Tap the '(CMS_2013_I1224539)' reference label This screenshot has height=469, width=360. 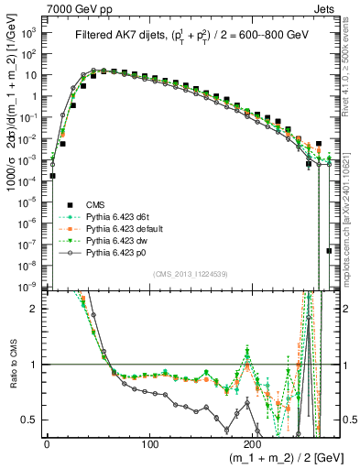point(189,272)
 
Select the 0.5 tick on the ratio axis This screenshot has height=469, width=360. point(30,420)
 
